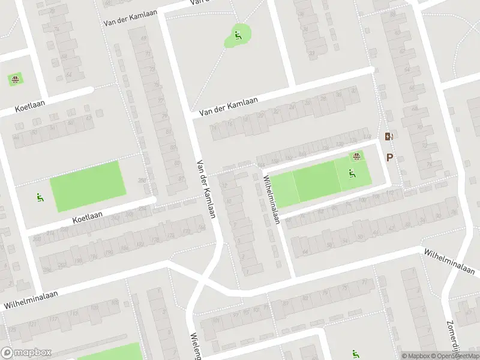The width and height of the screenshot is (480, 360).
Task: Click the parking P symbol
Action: click(389, 158)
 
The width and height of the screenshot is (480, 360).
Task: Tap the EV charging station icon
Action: click(388, 137)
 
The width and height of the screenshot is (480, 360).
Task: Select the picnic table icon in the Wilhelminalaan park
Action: click(356, 157)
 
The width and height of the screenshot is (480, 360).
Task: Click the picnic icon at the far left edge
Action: click(14, 79)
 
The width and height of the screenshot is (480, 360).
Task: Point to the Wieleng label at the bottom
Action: click(195, 346)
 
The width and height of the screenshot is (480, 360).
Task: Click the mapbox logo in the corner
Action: click(27, 353)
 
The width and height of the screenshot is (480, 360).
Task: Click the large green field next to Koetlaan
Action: click(88, 186)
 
